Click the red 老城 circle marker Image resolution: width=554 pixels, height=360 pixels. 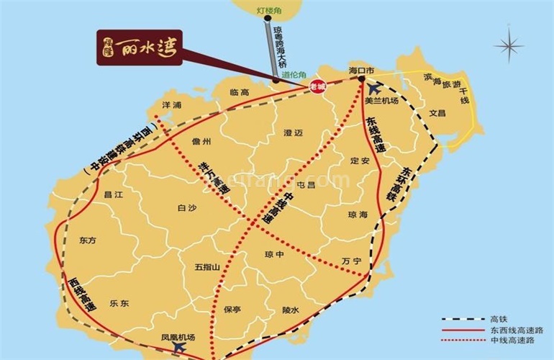317,86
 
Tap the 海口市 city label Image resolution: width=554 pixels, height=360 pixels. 362,71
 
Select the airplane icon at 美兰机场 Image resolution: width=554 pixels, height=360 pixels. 374,89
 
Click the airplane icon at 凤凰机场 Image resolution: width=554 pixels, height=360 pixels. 179,348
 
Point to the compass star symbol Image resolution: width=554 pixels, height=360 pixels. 509,48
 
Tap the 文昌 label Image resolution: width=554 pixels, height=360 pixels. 437,113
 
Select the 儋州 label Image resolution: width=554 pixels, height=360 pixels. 204,142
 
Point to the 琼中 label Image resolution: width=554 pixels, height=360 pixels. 275,253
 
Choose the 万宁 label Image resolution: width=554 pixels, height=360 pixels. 351,261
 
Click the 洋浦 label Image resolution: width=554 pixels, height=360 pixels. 171,105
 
